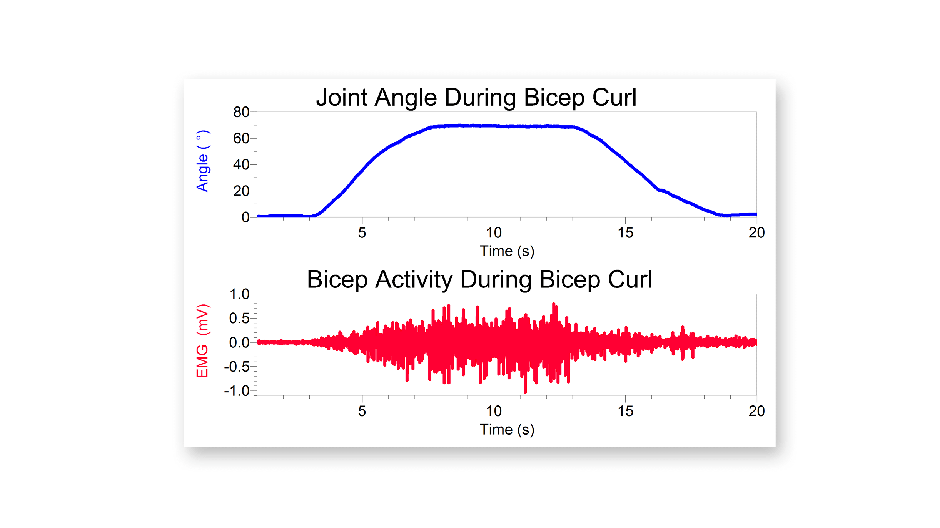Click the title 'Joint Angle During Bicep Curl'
point(476,97)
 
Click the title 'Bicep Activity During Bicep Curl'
point(479,279)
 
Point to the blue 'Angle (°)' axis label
point(203,161)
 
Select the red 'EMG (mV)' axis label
point(203,341)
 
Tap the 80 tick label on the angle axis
point(241,112)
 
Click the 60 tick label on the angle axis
point(241,138)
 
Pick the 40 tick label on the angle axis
point(241,165)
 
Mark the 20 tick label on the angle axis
point(241,191)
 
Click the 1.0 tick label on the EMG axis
point(239,294)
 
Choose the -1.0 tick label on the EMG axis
point(237,391)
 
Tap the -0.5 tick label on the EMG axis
point(237,367)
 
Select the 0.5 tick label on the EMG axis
point(239,319)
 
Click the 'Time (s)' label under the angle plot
point(507,251)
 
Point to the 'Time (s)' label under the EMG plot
point(507,430)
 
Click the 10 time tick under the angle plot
point(494,233)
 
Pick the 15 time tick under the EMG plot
point(625,412)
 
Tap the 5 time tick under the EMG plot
point(362,412)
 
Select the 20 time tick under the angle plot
point(756,233)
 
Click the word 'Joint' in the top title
point(341,97)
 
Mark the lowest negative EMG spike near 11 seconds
point(525,391)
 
